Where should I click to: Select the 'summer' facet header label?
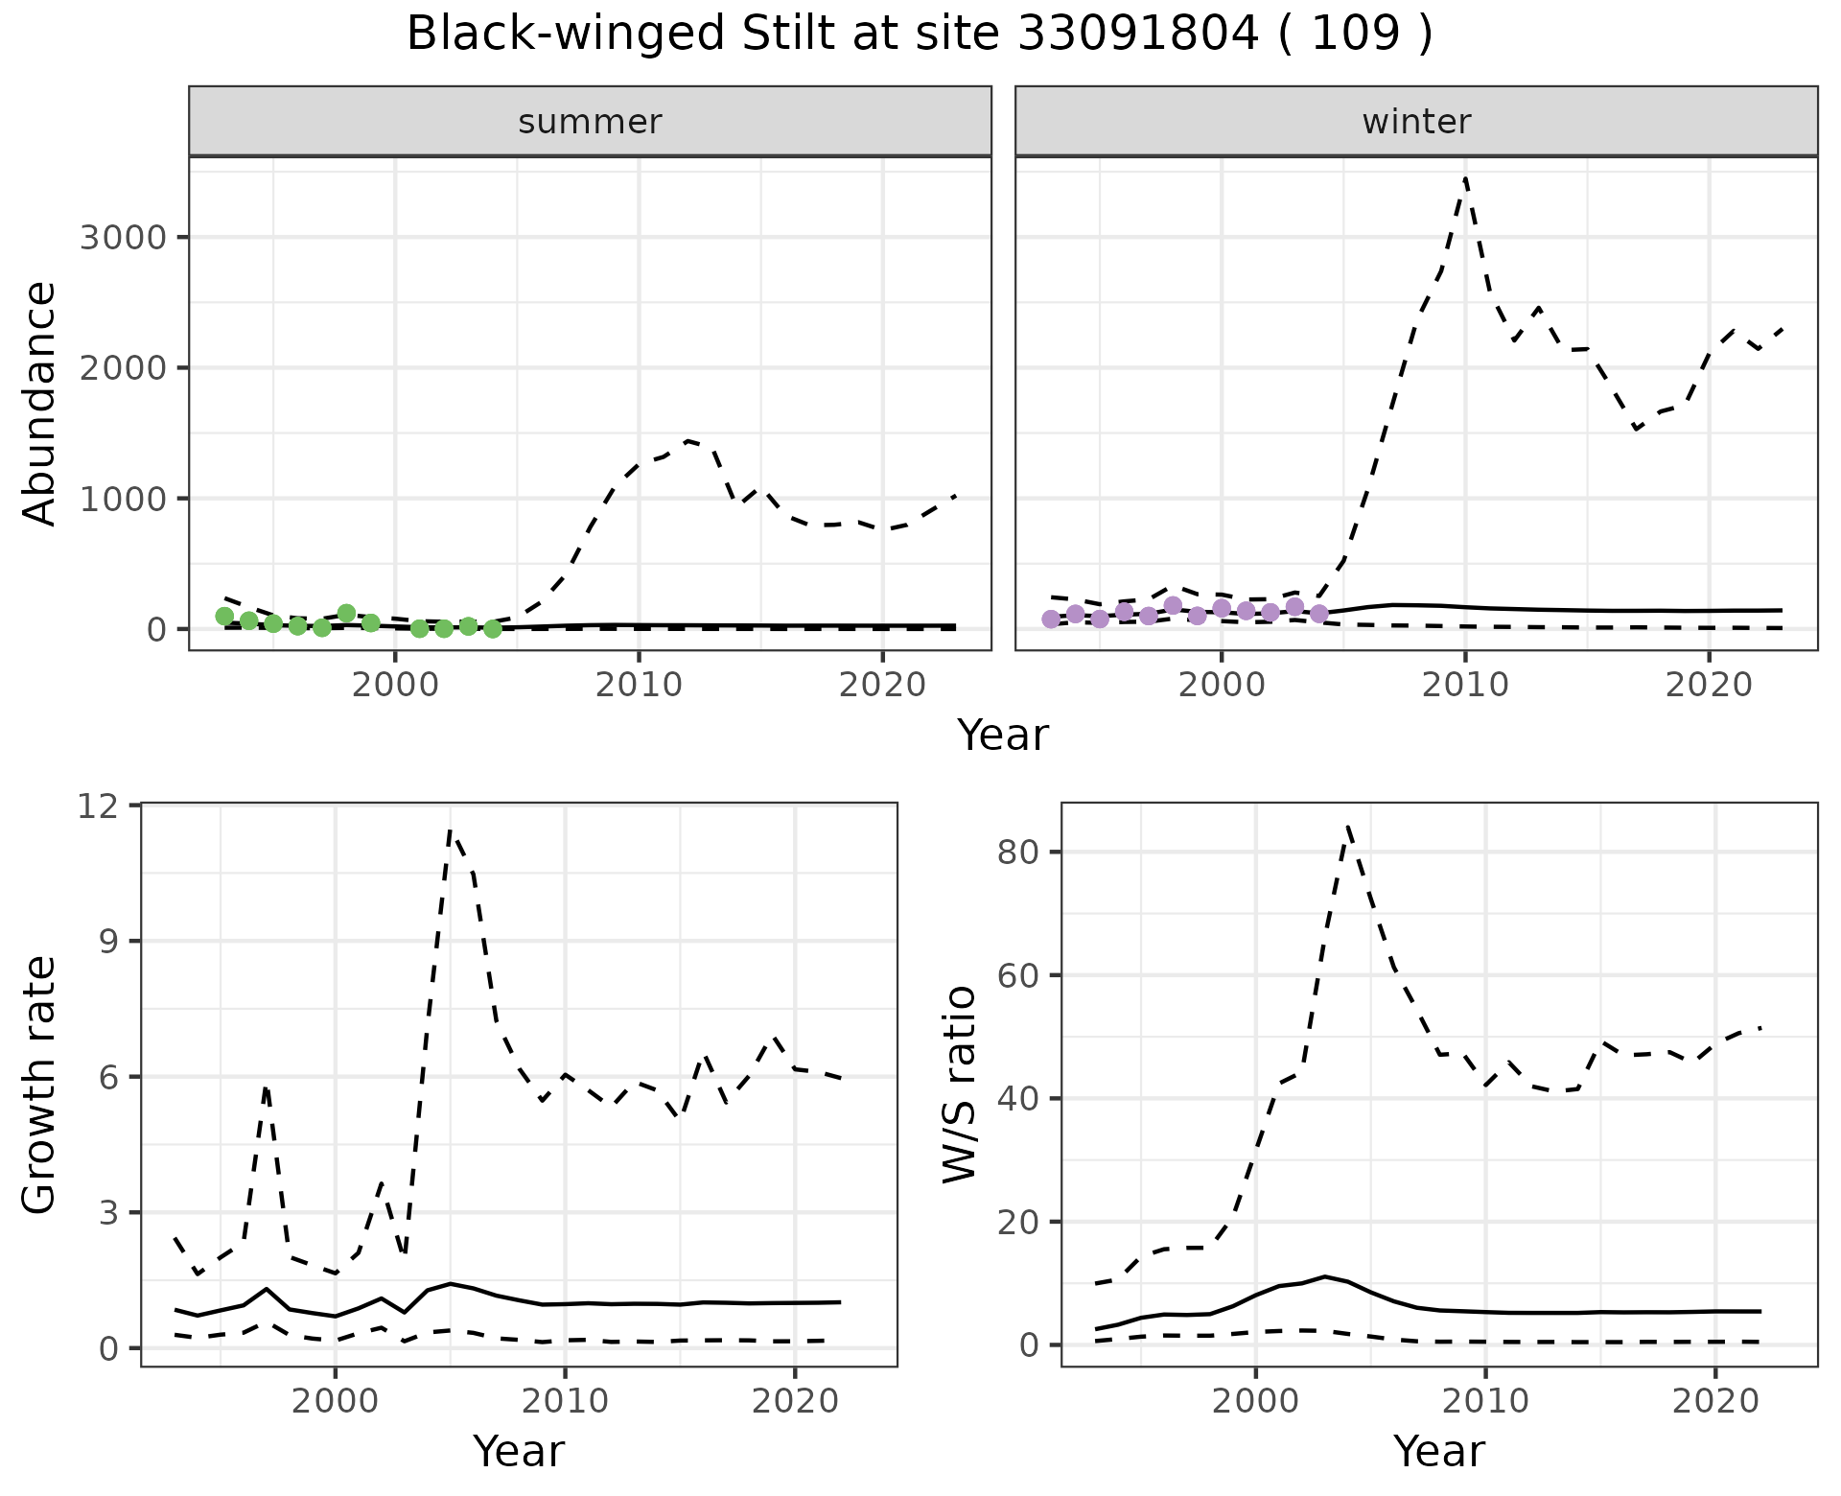[x=590, y=122]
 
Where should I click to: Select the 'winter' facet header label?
[x=1416, y=122]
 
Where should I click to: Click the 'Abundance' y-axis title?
[x=40, y=404]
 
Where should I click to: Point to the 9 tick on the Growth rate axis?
[x=111, y=942]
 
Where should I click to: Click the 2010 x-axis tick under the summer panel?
[x=639, y=685]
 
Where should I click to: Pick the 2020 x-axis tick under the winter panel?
[x=1708, y=685]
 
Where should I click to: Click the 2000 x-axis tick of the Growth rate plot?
[x=335, y=1401]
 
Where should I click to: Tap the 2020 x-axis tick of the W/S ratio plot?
[x=1715, y=1401]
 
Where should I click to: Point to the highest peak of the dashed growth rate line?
[x=451, y=830]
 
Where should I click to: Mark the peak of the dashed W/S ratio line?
[x=1348, y=826]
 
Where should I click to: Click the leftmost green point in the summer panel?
[x=224, y=616]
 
